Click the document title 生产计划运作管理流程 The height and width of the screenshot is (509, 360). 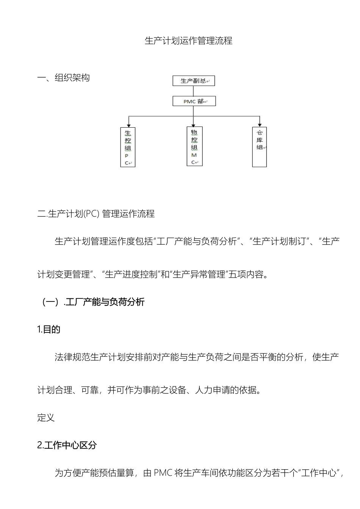188,41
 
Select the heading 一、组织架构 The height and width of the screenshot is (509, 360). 63,78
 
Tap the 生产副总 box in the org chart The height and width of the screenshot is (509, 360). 194,81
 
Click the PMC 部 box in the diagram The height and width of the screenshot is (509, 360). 194,101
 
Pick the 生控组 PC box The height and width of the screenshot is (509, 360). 128,147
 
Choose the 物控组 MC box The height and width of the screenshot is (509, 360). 194,146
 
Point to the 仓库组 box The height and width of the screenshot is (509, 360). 260,147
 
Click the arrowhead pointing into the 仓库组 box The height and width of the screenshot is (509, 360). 260,124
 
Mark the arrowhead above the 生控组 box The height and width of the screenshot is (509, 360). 129,125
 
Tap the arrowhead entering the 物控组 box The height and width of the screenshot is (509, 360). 194,125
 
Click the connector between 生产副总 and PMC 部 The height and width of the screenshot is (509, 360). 194,91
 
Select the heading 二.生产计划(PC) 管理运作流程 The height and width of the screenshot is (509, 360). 96,214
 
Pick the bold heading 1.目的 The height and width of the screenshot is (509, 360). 49,329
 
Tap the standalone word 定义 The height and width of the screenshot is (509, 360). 46,418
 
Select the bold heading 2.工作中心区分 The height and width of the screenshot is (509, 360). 67,445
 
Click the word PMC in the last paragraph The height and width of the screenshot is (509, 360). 163,473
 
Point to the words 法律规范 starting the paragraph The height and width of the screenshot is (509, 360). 72,357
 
